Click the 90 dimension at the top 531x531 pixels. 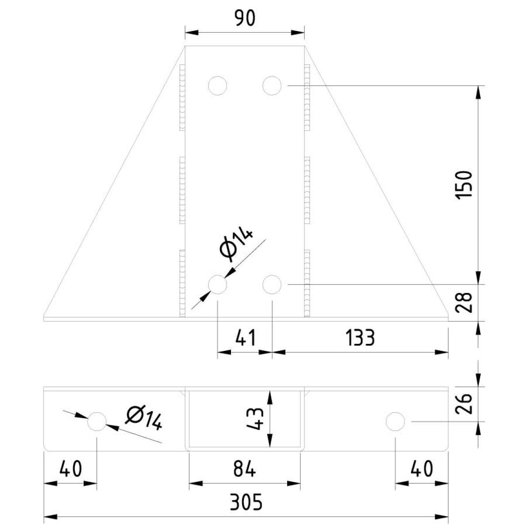245,19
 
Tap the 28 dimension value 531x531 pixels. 464,302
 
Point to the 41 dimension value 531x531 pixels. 246,338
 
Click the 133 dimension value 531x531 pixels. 361,338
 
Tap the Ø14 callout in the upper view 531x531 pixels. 236,245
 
